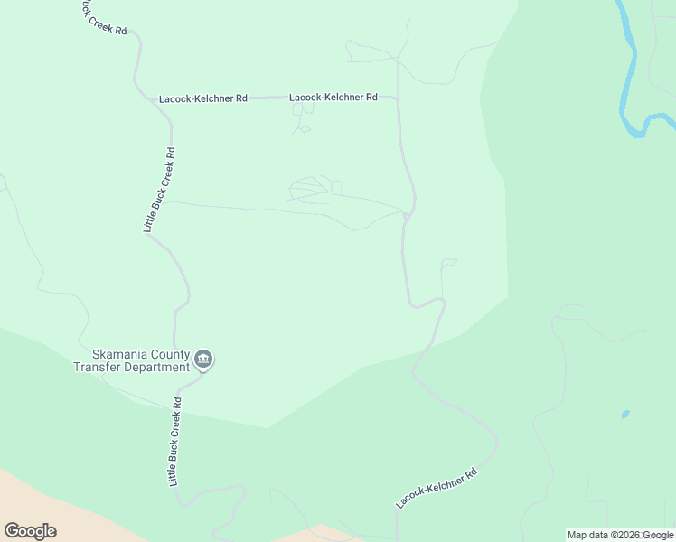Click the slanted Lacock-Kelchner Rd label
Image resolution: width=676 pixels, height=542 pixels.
(436, 488)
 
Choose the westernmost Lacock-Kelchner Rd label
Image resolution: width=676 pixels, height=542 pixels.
(202, 98)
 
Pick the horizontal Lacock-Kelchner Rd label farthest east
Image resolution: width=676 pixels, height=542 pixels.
(333, 97)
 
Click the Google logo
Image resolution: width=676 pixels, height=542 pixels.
(30, 531)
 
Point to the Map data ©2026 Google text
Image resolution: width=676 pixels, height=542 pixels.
(620, 535)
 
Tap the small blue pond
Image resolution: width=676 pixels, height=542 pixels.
(625, 415)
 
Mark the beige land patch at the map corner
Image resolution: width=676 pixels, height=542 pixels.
(27, 497)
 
